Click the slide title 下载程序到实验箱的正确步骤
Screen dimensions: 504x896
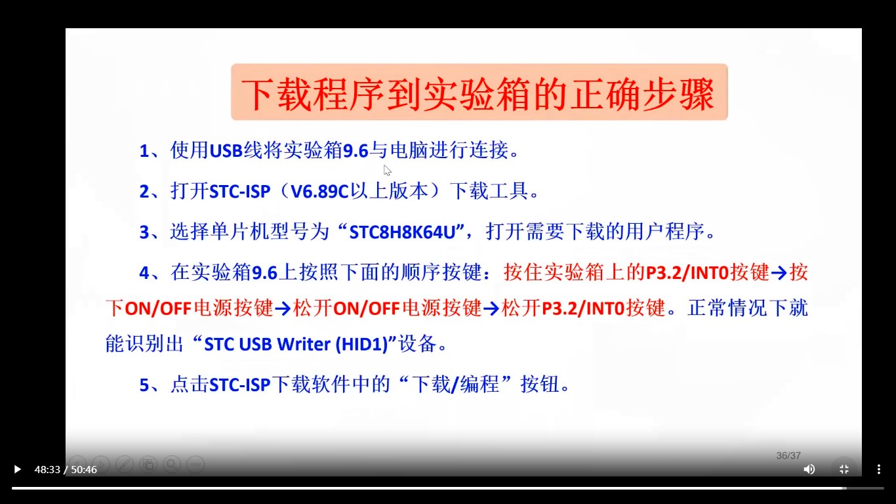coord(479,93)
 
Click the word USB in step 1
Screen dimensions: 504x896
coord(226,152)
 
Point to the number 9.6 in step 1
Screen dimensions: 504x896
coord(356,152)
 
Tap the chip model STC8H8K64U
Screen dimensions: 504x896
coord(406,232)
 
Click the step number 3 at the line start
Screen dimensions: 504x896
coord(144,232)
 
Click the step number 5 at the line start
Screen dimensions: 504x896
coord(144,385)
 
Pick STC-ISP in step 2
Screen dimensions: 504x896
coord(239,192)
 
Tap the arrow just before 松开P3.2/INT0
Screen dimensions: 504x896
coord(491,308)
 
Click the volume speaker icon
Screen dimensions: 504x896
coord(809,469)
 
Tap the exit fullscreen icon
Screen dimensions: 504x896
coord(844,469)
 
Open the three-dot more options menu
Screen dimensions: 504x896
coord(879,469)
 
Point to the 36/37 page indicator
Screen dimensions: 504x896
coord(788,455)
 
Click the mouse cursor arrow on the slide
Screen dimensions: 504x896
coord(387,170)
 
